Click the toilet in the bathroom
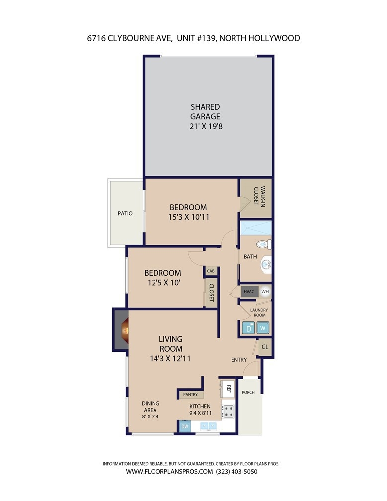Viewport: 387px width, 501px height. (x=264, y=244)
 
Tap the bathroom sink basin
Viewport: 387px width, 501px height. (x=266, y=264)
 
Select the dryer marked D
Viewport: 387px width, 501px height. (x=249, y=328)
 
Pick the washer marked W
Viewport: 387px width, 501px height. (x=263, y=328)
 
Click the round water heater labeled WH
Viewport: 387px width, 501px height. (x=265, y=291)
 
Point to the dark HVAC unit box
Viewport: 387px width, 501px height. (x=249, y=291)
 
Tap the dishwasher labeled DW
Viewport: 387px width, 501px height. (x=185, y=426)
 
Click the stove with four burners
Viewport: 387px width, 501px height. (x=228, y=411)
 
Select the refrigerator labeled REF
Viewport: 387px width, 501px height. (x=227, y=389)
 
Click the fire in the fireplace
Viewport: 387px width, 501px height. (x=125, y=330)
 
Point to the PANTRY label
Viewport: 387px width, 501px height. (x=190, y=395)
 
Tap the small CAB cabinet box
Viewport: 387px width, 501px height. (x=211, y=271)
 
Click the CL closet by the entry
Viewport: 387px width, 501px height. (x=265, y=347)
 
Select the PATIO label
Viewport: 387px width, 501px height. (x=125, y=213)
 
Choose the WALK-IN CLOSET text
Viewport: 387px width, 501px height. (x=260, y=196)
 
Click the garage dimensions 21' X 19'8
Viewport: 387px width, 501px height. (x=206, y=126)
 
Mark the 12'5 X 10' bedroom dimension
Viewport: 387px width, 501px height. (x=164, y=283)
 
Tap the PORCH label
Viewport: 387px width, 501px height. (x=248, y=392)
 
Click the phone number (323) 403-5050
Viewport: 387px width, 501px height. (x=236, y=471)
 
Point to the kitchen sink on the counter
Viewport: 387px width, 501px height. (x=208, y=426)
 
